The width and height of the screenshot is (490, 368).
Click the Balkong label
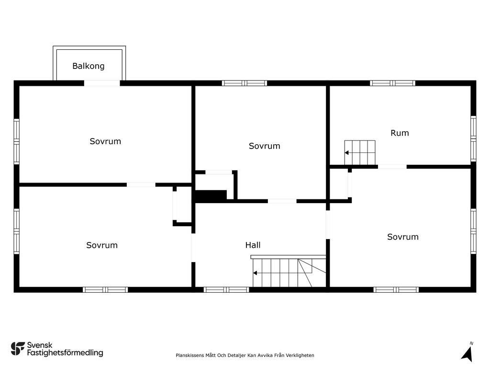coord(89,66)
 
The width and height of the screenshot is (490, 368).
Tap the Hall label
coord(253,245)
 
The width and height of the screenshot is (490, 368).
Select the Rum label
coord(400,133)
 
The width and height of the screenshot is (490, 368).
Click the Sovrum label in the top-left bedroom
coord(105,141)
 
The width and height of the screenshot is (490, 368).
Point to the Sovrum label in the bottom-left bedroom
coord(102,245)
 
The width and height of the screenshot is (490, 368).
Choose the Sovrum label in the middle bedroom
coord(264,146)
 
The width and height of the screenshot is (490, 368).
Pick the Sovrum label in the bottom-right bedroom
coord(403,237)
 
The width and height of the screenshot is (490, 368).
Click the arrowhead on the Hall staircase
coord(255,273)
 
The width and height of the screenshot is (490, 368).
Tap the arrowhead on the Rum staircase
coord(346,153)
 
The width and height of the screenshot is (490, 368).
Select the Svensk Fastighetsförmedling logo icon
coord(18,349)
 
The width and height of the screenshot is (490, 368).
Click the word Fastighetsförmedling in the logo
coord(65,353)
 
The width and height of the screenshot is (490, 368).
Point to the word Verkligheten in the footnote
coord(300,355)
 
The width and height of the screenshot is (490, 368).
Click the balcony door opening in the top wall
coord(102,83)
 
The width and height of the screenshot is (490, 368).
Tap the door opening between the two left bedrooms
coord(141,185)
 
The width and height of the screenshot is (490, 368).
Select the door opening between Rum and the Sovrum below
coord(392,167)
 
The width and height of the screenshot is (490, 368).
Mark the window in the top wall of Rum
coord(392,83)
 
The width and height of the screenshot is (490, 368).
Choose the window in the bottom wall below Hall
coord(226,290)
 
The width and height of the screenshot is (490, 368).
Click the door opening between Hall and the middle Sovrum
coord(282,201)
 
